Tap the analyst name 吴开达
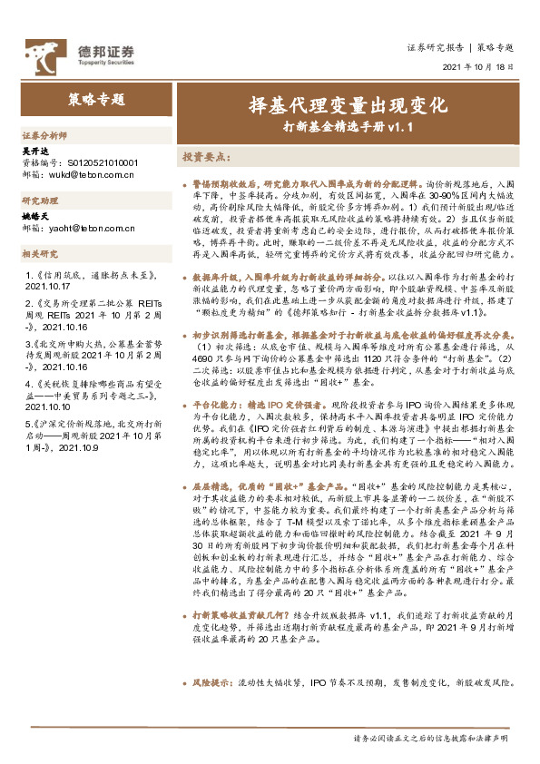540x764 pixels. [x=35, y=152]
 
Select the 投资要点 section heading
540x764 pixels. [x=205, y=156]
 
